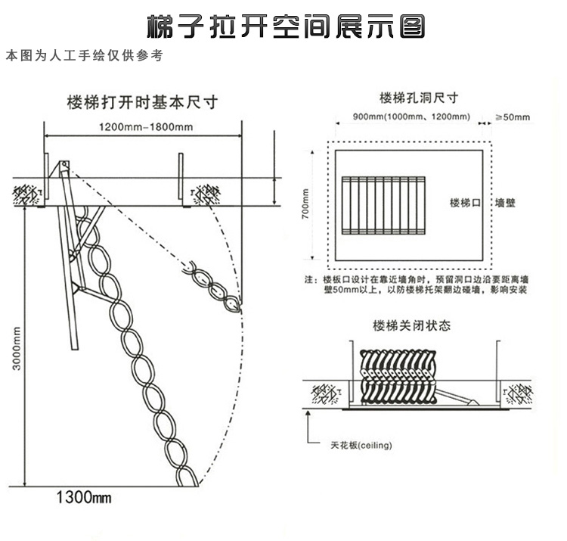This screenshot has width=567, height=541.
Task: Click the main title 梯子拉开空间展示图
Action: (286, 26)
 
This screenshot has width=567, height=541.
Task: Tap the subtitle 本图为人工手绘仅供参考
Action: (85, 55)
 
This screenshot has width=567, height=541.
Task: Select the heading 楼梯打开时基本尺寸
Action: (142, 102)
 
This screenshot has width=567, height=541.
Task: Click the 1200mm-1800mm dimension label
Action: (146, 127)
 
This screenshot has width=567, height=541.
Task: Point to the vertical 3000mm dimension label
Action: (17, 348)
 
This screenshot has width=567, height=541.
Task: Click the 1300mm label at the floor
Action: (84, 498)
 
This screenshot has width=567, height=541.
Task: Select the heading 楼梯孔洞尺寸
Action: (419, 98)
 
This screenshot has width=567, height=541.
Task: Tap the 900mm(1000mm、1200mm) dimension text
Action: (411, 117)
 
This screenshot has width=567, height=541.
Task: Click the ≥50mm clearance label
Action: (513, 117)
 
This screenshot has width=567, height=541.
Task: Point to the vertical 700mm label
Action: (305, 204)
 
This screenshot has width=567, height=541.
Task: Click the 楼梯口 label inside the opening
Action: (465, 203)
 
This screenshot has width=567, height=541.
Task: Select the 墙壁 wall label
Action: (505, 203)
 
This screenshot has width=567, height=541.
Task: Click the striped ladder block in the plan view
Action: (383, 205)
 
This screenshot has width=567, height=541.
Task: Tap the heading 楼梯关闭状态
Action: (412, 325)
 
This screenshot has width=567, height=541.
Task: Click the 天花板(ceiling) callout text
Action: (361, 445)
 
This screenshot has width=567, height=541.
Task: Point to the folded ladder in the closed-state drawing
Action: (398, 377)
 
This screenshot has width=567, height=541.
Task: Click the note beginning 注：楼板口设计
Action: (416, 284)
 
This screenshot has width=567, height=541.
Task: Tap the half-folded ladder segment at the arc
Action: (212, 287)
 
